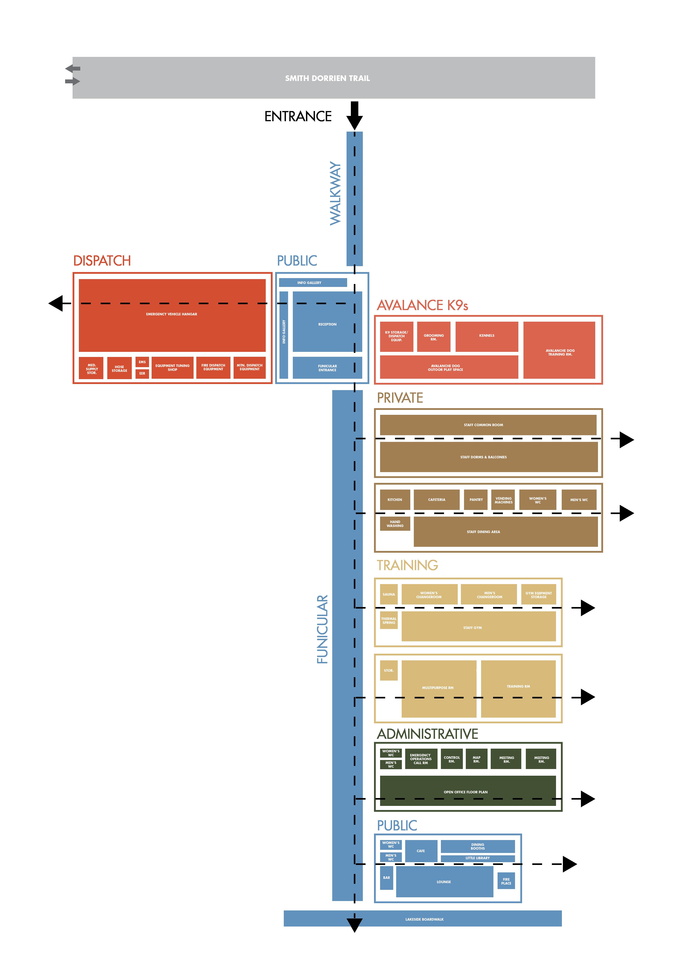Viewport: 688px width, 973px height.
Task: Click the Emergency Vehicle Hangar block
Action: tap(172, 314)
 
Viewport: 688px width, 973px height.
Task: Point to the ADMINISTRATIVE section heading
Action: tap(428, 734)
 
